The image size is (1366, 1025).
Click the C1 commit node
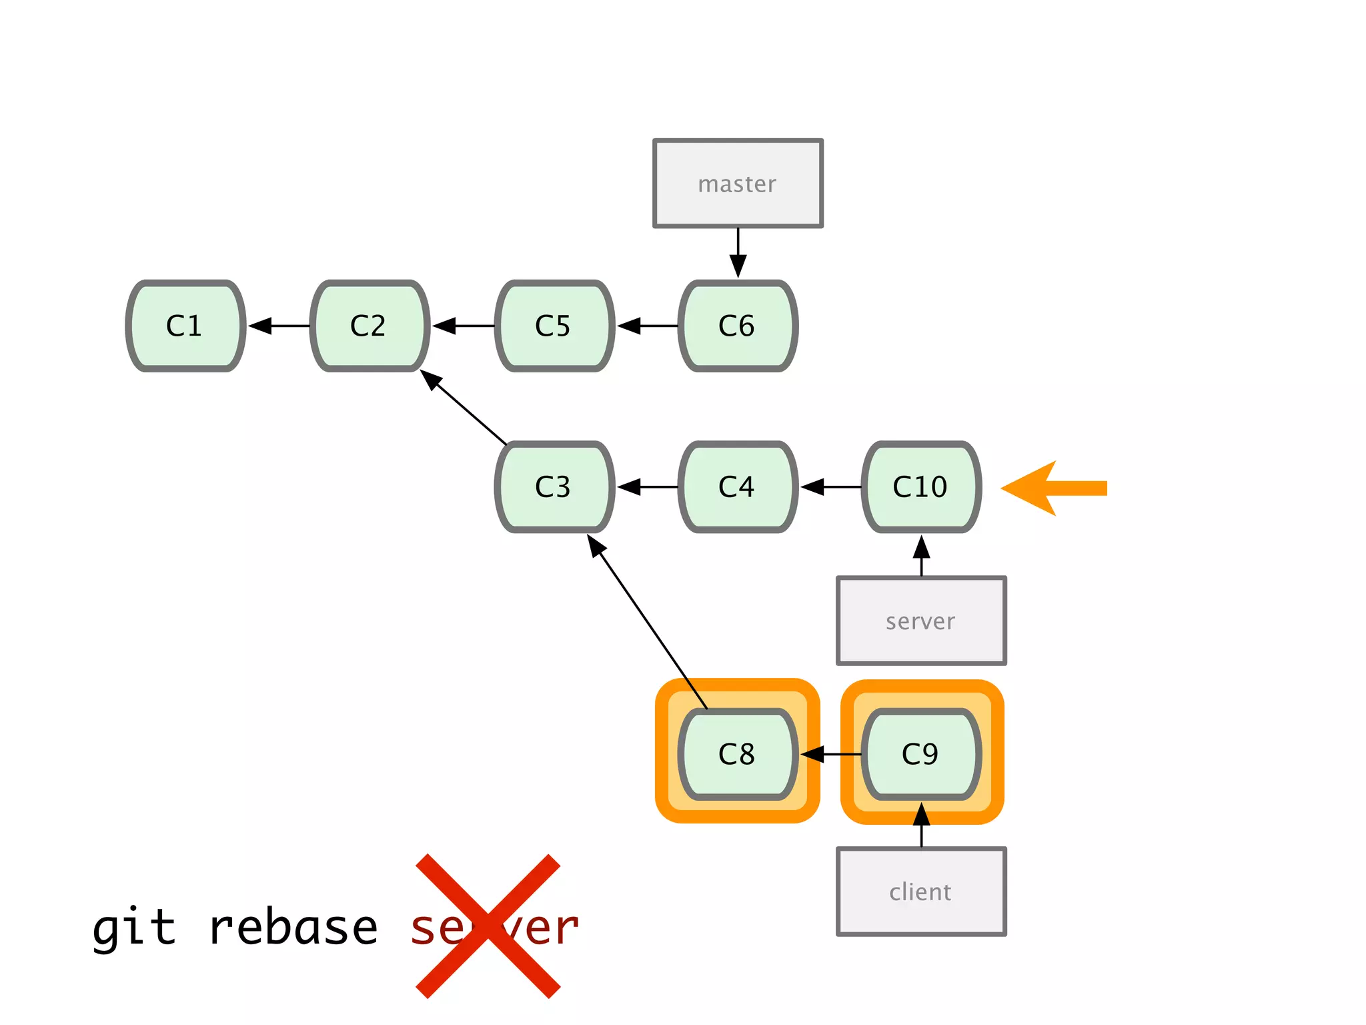185,326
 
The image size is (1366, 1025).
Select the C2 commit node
369,326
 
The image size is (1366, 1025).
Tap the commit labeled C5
554,326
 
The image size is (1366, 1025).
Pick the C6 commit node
737,326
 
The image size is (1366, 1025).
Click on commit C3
554,487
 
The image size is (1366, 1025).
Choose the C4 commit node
737,487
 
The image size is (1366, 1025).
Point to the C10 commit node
920,487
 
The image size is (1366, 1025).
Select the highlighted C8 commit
737,754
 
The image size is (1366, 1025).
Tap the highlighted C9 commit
920,754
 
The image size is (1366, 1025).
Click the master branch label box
737,184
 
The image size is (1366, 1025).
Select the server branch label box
920,621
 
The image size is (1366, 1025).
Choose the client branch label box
920,892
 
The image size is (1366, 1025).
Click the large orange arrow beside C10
1054,488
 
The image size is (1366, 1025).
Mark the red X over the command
488,926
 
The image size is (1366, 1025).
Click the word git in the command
133,928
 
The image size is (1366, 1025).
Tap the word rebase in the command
293,928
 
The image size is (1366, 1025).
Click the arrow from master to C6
738,252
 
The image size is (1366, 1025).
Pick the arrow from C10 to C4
830,487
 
